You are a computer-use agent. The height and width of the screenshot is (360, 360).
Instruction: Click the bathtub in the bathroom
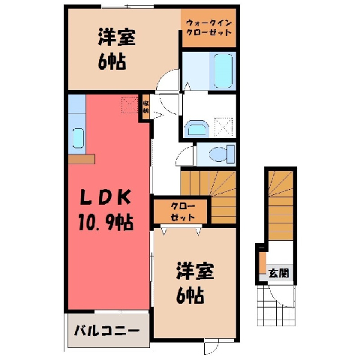223,70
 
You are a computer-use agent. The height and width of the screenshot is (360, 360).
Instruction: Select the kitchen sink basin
79,138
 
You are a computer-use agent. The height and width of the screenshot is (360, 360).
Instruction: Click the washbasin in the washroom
197,129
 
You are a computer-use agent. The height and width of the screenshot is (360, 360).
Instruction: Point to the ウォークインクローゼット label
208,28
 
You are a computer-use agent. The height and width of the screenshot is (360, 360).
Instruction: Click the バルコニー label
106,331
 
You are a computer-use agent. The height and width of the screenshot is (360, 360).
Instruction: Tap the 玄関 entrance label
278,273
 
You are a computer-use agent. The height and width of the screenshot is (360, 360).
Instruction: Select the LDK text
105,197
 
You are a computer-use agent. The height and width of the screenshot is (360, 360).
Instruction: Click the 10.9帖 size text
106,222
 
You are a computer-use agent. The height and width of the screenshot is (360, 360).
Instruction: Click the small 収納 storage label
145,106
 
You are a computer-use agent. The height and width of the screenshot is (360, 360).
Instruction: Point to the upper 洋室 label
117,37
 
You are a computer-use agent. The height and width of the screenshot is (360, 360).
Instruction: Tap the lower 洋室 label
195,271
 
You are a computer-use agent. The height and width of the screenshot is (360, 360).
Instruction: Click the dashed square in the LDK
130,104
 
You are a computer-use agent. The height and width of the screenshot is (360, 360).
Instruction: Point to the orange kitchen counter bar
82,159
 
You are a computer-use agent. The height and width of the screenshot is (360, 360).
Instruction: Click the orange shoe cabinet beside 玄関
262,263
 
